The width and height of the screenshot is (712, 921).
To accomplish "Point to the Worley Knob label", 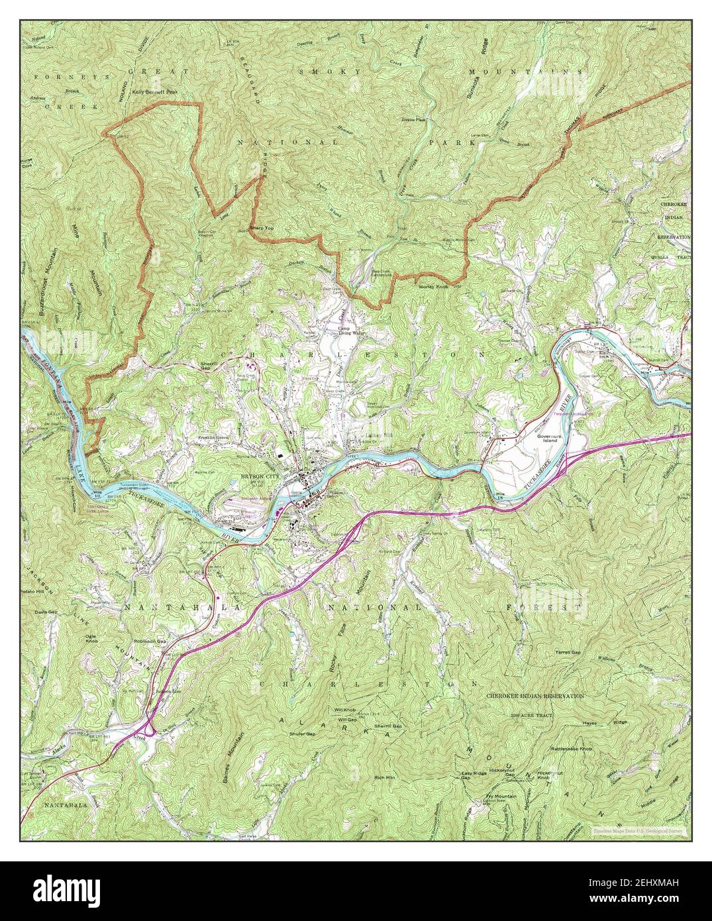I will [x=433, y=288].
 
